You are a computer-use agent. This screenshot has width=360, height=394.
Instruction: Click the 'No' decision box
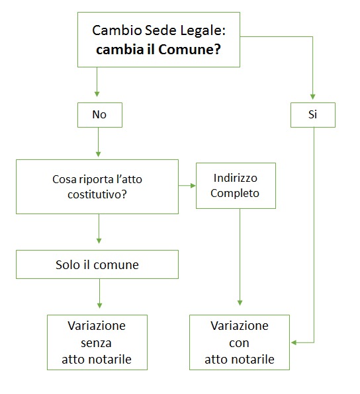pyautogui.click(x=99, y=114)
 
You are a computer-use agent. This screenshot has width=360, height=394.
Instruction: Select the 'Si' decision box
pyautogui.click(x=313, y=114)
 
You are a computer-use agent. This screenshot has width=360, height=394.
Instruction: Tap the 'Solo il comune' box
pyautogui.click(x=97, y=264)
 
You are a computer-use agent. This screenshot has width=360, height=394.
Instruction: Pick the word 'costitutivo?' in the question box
pyautogui.click(x=97, y=195)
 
